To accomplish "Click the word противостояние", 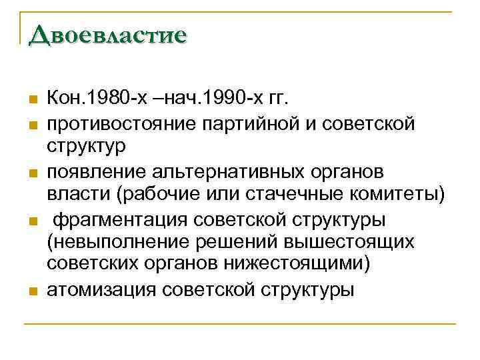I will [117, 123].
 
